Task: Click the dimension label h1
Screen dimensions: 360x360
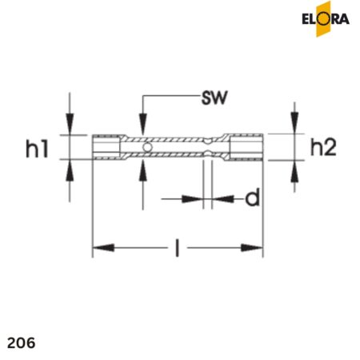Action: (38, 148)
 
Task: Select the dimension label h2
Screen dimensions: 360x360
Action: (323, 146)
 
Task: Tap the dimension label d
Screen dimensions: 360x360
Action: (252, 198)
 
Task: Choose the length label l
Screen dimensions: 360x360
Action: (177, 249)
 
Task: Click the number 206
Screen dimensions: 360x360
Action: (20, 342)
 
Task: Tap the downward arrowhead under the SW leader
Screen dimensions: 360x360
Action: (142, 128)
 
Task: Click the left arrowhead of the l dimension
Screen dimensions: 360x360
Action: (99, 248)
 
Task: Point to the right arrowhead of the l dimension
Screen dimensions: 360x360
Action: (258, 248)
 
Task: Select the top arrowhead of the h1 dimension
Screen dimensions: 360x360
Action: (70, 127)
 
